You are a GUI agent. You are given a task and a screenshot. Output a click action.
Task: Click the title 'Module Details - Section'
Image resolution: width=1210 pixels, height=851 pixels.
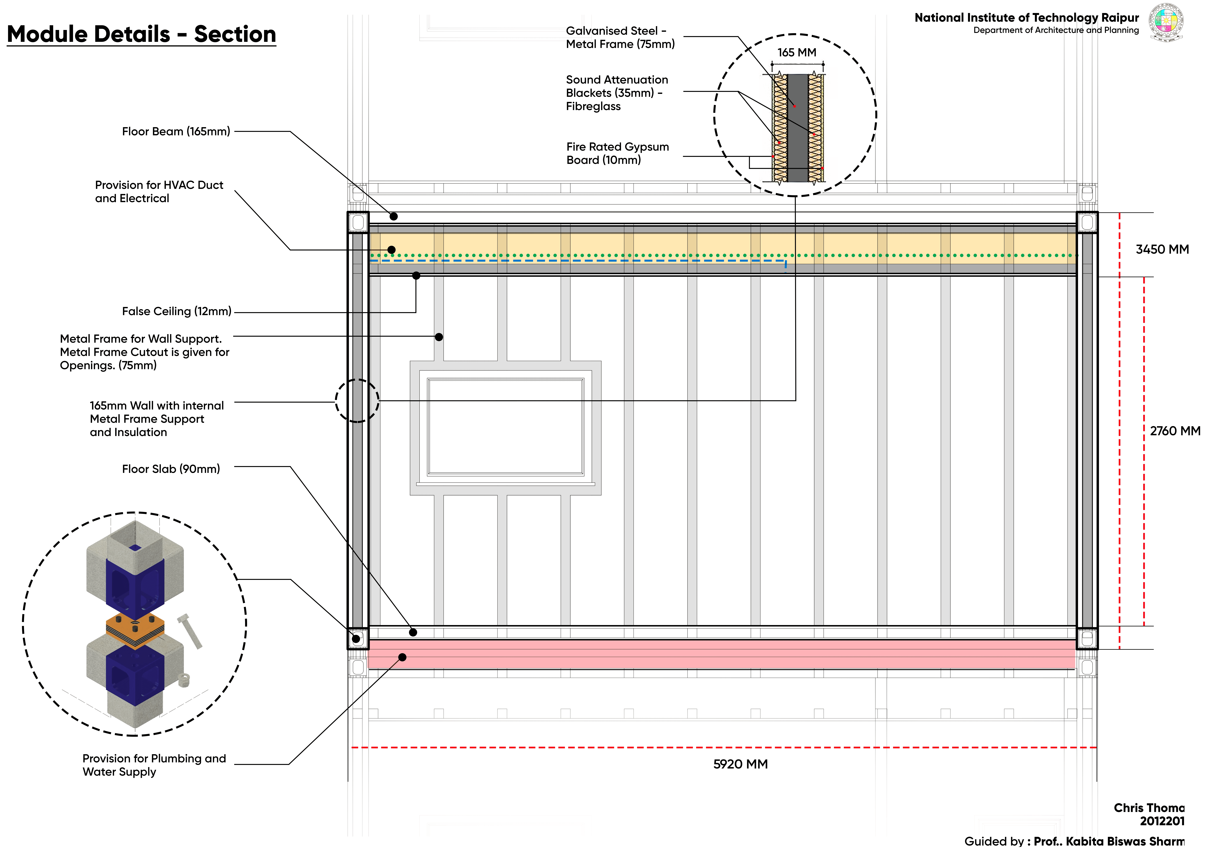coord(141,34)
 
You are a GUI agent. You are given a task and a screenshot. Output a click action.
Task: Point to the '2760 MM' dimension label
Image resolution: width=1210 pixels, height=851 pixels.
coord(1175,431)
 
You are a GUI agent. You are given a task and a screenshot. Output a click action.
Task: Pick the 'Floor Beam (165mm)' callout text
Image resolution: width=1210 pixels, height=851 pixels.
coord(176,131)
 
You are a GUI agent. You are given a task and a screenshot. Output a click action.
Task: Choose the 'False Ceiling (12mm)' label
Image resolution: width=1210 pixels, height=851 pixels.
coord(177,311)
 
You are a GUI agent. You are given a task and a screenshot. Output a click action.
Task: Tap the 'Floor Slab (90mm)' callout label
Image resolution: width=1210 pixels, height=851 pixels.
coord(171,469)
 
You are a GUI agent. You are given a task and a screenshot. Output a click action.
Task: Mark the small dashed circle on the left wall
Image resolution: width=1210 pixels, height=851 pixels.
coord(357,401)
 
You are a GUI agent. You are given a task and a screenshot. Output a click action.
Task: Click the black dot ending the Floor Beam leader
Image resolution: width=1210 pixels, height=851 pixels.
coord(394,216)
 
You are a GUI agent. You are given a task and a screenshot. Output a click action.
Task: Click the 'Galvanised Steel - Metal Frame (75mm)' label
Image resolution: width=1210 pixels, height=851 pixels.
coord(620,37)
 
